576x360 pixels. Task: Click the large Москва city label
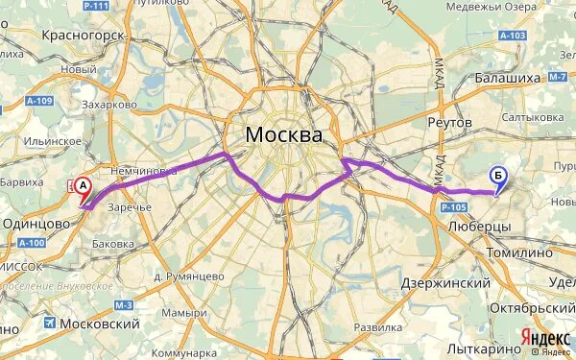click(283, 134)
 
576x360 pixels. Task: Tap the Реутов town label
click(450, 123)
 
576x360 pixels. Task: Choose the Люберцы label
click(479, 226)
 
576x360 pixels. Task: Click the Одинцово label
click(37, 222)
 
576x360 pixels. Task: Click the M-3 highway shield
click(122, 305)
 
